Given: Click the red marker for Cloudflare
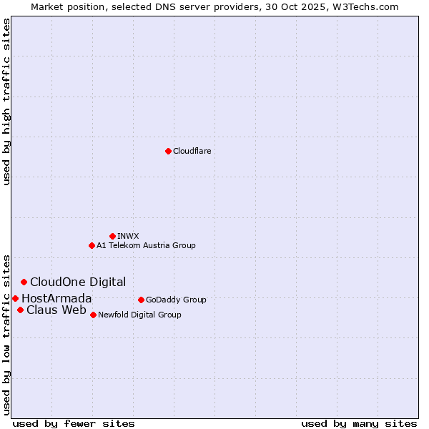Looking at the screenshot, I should tap(168, 151).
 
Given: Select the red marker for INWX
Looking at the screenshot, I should tap(112, 236).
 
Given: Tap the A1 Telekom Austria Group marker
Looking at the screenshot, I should tap(92, 245).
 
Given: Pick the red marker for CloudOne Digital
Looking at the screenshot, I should tap(24, 282).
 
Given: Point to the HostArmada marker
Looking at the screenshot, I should tap(15, 298).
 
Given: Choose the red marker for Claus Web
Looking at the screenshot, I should tap(20, 310).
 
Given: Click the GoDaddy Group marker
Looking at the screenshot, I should tap(141, 300).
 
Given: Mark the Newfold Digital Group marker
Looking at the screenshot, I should tap(93, 315).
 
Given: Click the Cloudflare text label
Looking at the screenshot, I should tap(192, 151).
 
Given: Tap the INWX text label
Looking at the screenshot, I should tap(128, 236).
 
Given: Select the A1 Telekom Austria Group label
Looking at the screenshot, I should tap(146, 245).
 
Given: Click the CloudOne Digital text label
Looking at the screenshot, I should tap(78, 282).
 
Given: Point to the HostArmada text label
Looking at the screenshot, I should tap(56, 298).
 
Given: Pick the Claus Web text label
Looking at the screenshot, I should tap(56, 310).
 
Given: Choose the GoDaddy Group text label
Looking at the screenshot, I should tap(176, 300).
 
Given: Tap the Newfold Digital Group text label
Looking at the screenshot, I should tap(139, 315).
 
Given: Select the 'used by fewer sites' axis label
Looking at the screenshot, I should tap(74, 423).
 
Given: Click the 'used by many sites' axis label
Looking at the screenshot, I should tap(359, 423).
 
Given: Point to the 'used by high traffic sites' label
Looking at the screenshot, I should tap(6, 102).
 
